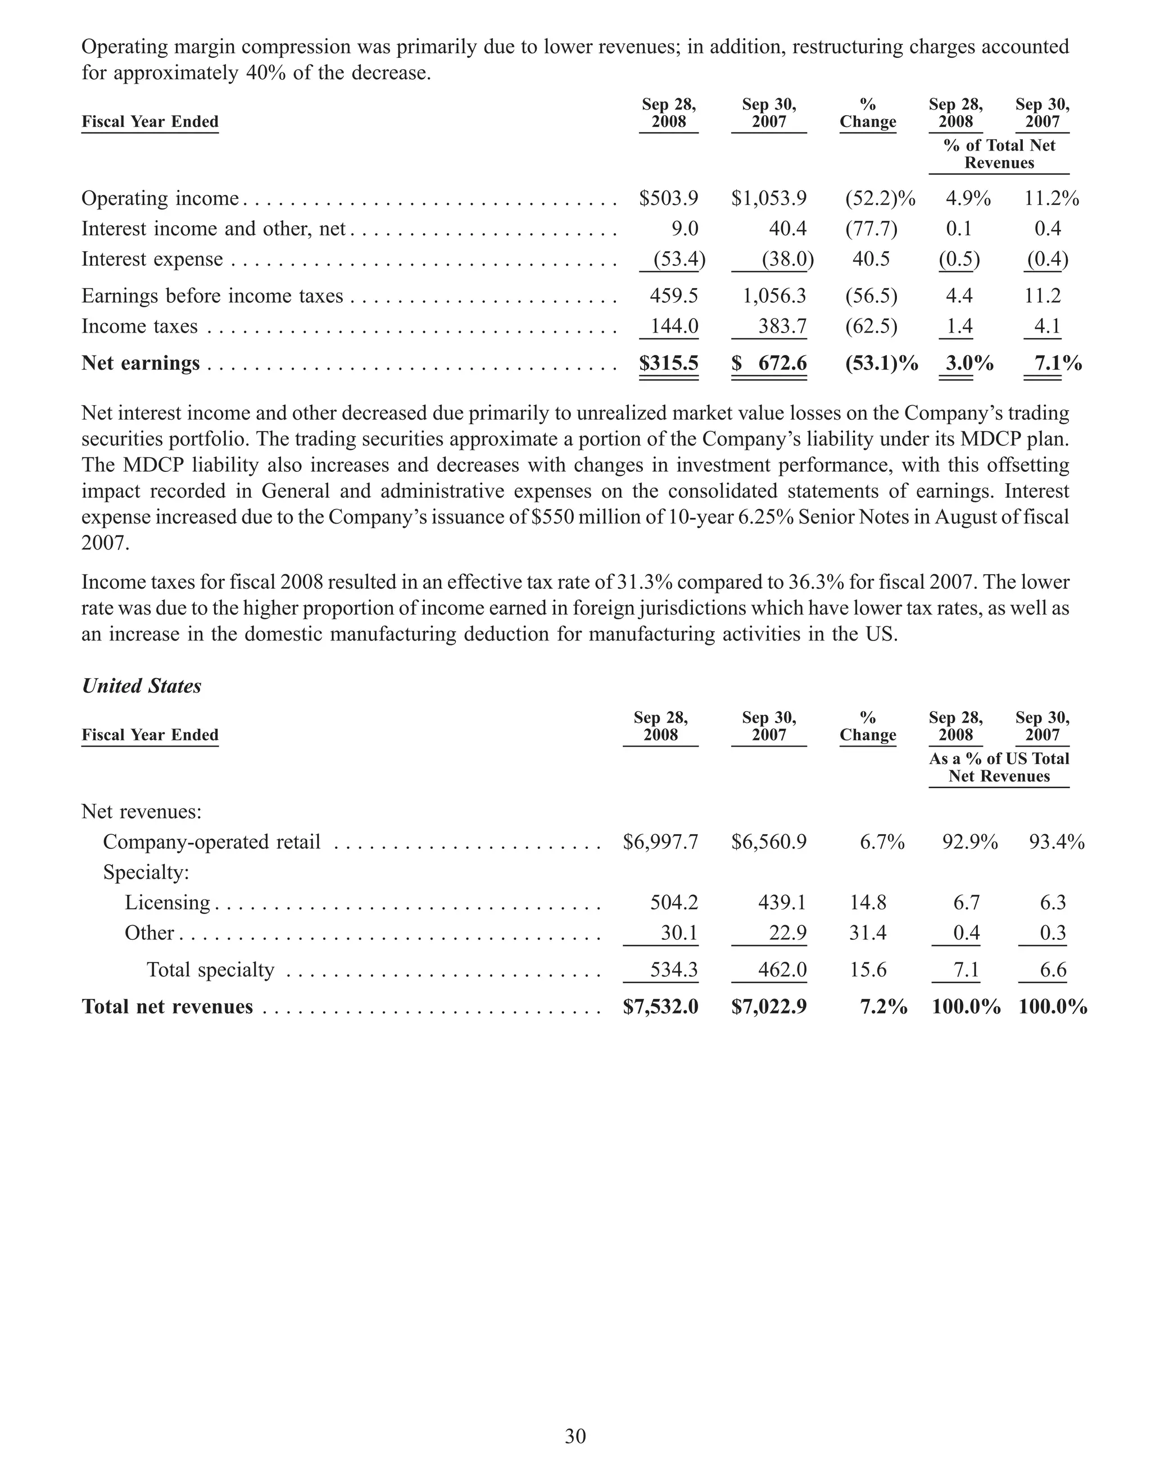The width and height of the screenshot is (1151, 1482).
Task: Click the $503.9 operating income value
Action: [668, 198]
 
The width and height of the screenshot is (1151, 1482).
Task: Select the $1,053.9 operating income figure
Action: [769, 198]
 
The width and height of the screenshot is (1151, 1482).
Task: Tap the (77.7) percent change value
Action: [871, 229]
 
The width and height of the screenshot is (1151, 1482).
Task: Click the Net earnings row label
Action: [141, 363]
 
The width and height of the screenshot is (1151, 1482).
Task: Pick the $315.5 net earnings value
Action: [668, 363]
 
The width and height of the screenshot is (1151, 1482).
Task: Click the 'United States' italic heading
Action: [141, 686]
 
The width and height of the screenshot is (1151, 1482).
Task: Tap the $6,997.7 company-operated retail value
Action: [660, 842]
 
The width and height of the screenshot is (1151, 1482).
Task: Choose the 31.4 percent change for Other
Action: [867, 933]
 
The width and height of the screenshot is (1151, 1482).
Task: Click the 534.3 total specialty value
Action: [673, 970]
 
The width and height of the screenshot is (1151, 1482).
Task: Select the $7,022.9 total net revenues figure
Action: [769, 1006]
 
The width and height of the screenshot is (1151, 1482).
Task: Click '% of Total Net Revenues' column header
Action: [999, 154]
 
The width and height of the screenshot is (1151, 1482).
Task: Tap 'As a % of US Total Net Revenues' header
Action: [999, 767]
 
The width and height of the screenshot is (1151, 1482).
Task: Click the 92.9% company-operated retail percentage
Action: [969, 842]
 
